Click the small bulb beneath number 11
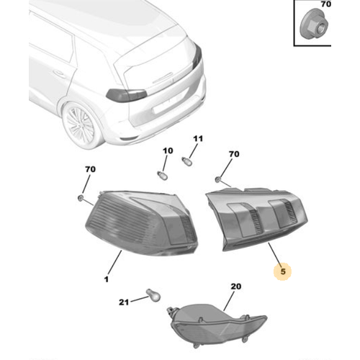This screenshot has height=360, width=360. (x=191, y=158)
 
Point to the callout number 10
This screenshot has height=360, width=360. (x=168, y=151)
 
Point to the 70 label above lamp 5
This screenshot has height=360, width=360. (x=233, y=153)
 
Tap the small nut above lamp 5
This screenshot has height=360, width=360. (x=217, y=177)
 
